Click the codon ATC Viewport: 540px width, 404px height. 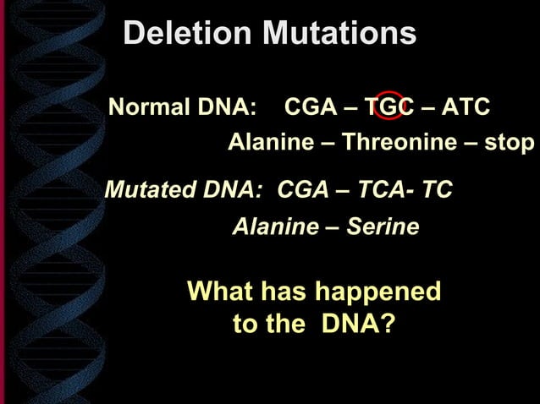466,108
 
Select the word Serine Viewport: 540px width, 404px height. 387,227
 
